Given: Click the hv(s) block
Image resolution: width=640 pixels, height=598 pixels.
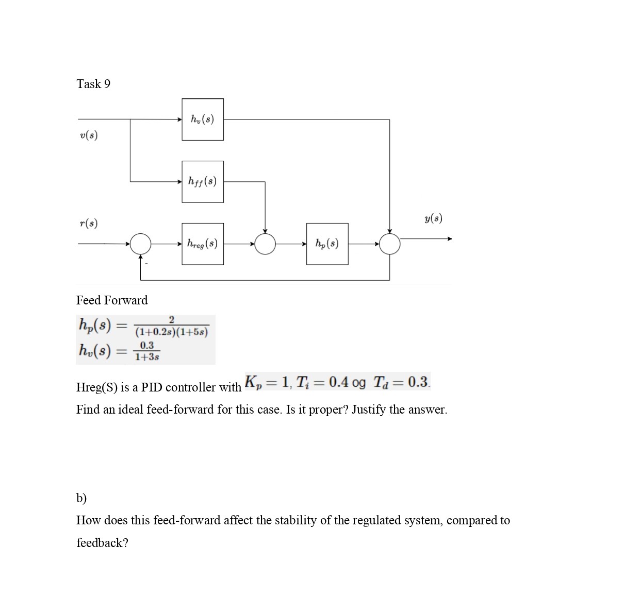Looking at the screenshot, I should click(203, 119).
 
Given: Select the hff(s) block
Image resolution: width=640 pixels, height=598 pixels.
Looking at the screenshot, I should click(203, 181).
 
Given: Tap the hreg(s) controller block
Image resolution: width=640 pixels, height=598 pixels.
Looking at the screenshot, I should click(203, 244).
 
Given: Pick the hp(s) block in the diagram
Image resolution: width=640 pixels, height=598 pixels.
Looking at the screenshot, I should click(327, 244).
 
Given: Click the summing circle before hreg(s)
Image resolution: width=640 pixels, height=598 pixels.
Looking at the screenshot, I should click(140, 244).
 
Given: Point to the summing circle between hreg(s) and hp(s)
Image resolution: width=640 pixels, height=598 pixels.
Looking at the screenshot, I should click(265, 244).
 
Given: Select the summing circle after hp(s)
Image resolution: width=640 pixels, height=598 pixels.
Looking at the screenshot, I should click(389, 244).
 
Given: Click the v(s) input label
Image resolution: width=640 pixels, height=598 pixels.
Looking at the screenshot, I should click(89, 135).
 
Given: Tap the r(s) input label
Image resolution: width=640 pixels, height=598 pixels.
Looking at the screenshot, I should click(89, 223).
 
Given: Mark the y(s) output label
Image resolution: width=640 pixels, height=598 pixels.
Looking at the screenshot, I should click(433, 218).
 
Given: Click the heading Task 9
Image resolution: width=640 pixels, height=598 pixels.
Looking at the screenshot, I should click(93, 84).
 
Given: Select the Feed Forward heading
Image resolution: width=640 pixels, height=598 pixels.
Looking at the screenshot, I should click(112, 300).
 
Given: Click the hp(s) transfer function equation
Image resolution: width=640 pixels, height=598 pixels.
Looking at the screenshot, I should click(143, 327).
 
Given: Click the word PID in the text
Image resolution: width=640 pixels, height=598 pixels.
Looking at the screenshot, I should click(152, 387).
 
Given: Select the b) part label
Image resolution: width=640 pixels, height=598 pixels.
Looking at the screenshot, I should click(81, 498).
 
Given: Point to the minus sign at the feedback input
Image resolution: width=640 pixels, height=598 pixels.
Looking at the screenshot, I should click(146, 264).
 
